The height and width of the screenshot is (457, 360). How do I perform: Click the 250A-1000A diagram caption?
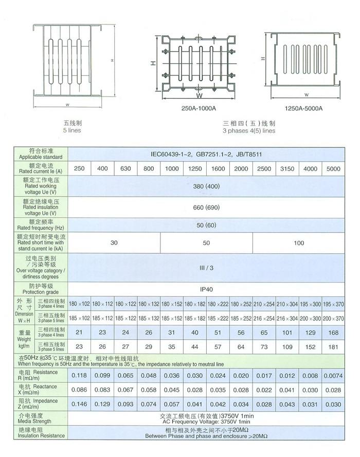197,109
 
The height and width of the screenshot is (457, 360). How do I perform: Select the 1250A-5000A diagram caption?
303,109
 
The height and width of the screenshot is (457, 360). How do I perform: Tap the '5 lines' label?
73,131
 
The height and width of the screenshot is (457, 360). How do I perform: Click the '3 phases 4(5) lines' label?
248,131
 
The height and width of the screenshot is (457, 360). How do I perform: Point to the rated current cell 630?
125,169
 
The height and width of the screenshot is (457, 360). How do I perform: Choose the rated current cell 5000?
333,169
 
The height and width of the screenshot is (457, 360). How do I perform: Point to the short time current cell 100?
299,243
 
